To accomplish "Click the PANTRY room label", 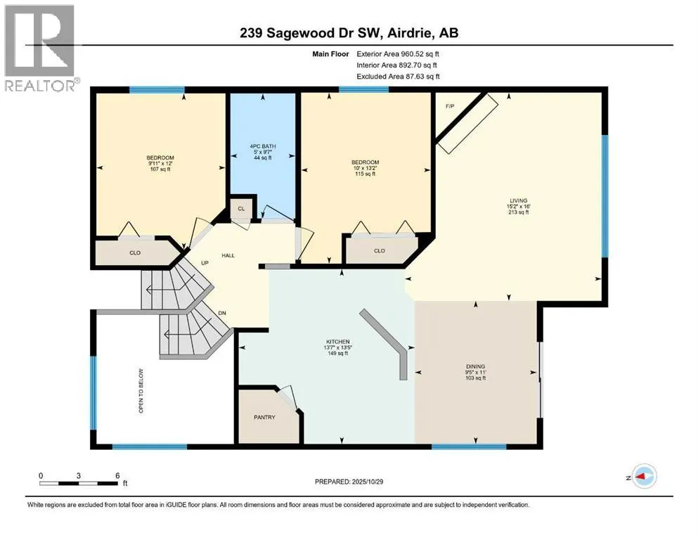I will tap(264, 417).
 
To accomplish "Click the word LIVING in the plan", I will tap(519, 200).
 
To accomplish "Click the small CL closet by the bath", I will tap(241, 209).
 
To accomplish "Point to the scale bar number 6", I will tap(117, 475).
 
